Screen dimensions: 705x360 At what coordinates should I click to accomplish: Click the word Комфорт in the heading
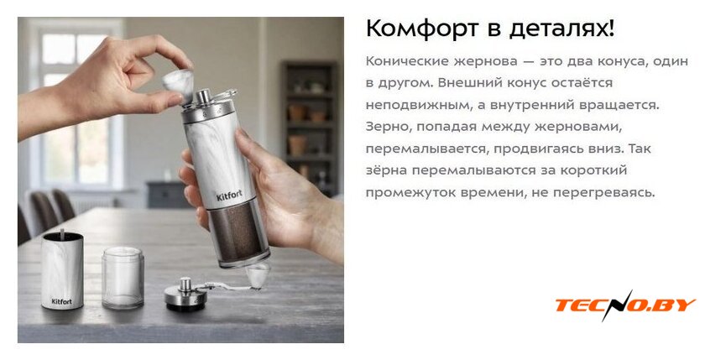tap(421, 29)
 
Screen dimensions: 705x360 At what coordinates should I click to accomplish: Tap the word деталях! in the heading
tap(561, 29)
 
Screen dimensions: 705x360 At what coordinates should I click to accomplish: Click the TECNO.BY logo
tap(625, 305)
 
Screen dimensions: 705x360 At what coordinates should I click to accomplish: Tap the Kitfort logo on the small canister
tap(61, 301)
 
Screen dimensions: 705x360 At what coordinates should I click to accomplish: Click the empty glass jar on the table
tap(123, 278)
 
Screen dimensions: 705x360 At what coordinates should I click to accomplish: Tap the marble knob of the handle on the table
tap(258, 275)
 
